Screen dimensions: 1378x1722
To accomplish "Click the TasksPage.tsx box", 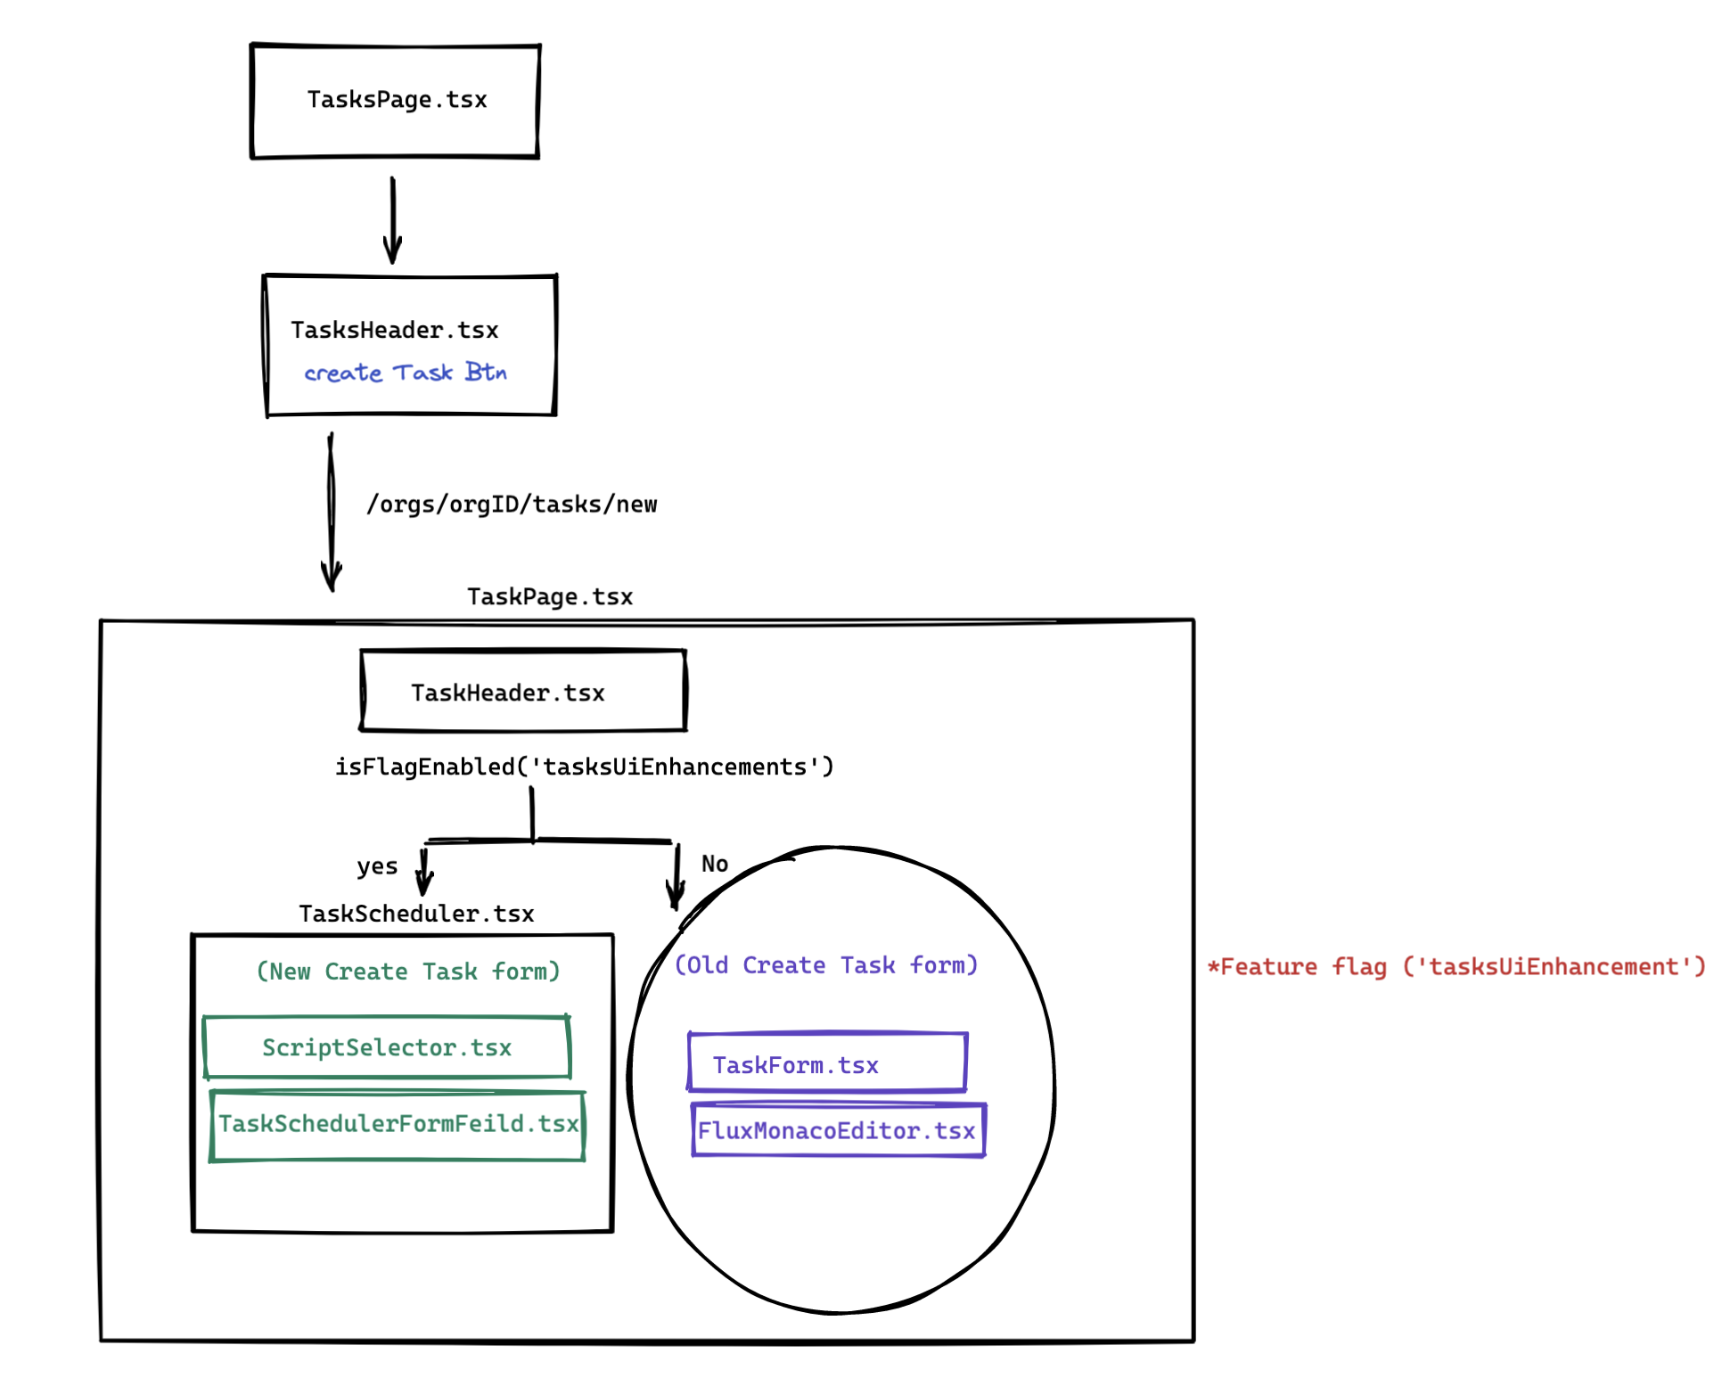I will coord(396,101).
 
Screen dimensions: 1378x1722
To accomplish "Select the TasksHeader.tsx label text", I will coord(395,331).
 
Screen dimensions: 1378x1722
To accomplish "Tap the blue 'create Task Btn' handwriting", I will coord(406,373).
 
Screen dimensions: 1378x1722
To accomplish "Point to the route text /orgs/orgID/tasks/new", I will coord(512,504).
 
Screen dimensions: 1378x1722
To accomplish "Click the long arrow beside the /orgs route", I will coord(332,513).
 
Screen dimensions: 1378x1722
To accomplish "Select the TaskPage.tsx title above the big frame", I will coord(550,597).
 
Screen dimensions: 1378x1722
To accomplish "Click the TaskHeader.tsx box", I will coord(523,692).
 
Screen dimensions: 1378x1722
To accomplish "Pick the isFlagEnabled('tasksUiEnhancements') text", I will coord(584,767).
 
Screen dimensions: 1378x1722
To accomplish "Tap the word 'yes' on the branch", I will coord(377,866).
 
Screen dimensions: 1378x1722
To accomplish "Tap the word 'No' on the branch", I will coord(715,864).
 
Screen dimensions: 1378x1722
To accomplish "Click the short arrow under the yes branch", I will coord(424,872).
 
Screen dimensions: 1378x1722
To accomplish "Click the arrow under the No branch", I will coord(676,877).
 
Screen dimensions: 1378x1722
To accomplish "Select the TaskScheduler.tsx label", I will coord(416,915).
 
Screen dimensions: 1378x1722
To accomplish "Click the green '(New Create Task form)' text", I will coord(408,972).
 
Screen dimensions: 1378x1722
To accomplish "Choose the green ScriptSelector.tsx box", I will coord(387,1047).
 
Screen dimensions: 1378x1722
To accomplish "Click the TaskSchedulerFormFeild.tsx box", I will coord(398,1126).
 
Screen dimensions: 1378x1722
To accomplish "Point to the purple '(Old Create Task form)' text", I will coord(825,965).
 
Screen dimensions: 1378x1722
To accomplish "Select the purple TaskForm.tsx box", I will coord(827,1063).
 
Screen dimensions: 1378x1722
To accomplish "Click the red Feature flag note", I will coord(1455,967).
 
